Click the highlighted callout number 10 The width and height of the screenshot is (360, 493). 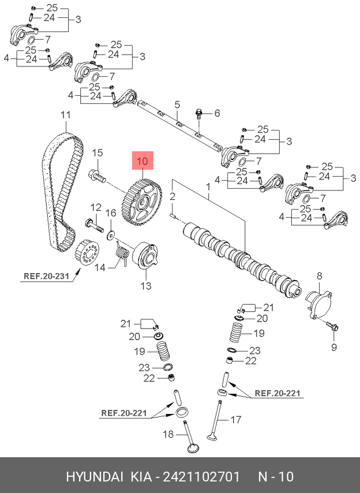[x=142, y=160]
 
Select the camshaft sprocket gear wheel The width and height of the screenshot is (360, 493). [x=141, y=201]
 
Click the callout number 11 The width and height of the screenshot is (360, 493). [x=65, y=115]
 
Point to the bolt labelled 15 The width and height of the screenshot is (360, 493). [x=97, y=177]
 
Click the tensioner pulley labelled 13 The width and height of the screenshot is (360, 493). [x=145, y=256]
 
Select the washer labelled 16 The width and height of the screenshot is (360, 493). [x=111, y=234]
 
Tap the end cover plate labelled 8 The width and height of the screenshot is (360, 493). [x=318, y=305]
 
